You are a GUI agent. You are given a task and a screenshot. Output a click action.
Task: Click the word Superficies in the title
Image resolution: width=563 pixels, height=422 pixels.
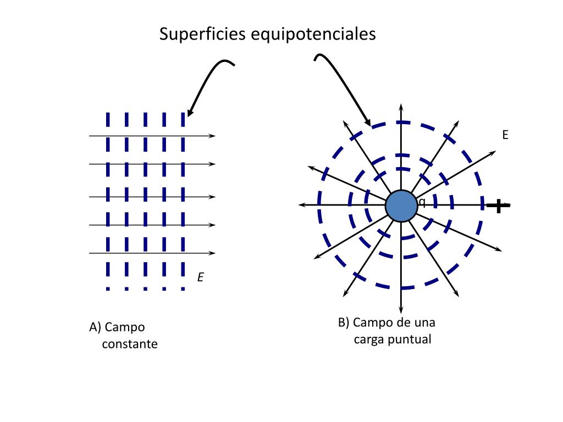click(203, 34)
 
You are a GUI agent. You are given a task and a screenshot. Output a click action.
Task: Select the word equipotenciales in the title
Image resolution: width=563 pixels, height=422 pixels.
click(313, 34)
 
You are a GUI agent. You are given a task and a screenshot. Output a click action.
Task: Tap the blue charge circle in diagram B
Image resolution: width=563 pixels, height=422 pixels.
click(401, 206)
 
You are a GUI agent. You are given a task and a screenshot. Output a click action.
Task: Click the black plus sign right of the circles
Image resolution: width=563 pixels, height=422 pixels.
click(498, 206)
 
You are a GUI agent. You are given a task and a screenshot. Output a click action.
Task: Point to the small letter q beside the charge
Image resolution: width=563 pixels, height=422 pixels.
click(422, 202)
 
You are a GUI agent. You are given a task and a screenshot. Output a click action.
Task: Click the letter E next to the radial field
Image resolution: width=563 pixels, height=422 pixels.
click(505, 135)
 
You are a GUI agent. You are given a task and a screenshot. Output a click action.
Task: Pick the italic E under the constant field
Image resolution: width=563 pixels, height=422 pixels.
click(201, 278)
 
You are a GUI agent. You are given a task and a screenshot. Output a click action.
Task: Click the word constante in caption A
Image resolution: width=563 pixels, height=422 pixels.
click(130, 345)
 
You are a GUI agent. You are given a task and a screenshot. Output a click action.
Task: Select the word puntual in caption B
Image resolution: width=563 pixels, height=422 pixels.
click(409, 339)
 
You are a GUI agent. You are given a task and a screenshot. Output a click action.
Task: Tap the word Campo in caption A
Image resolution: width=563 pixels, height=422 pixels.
click(125, 327)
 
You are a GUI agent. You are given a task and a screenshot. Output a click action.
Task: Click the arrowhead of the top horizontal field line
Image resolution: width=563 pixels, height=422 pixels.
click(213, 136)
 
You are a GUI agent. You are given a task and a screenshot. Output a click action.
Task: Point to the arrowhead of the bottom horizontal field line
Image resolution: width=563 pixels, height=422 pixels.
click(213, 253)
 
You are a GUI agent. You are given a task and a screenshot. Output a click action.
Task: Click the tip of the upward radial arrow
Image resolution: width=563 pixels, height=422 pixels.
click(401, 104)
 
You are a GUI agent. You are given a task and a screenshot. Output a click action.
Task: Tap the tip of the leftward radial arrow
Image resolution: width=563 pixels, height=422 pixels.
click(300, 205)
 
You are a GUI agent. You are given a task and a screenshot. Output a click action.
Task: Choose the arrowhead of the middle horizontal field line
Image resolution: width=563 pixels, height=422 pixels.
click(213, 196)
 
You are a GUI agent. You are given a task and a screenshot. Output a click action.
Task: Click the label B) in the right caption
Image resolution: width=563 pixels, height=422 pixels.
click(344, 322)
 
